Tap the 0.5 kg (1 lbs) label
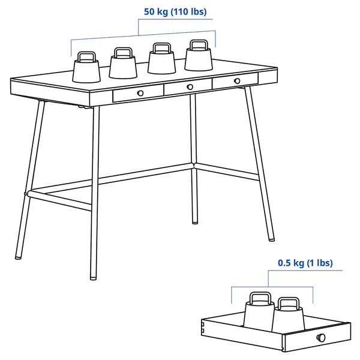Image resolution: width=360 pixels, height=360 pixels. pyautogui.click(x=305, y=263)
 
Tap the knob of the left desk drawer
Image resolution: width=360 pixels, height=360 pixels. pyautogui.click(x=140, y=92)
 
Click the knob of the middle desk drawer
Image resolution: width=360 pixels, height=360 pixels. pyautogui.click(x=190, y=87)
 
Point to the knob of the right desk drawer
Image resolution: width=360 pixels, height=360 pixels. pyautogui.click(x=237, y=80)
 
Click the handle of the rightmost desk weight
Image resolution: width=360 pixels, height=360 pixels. pyautogui.click(x=199, y=44)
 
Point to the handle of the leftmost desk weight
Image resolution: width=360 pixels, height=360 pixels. pyautogui.click(x=86, y=55)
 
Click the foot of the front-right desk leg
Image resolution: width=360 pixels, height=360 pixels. pyautogui.click(x=272, y=239)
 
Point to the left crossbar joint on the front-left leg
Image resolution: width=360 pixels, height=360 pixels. pyautogui.click(x=26, y=193)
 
